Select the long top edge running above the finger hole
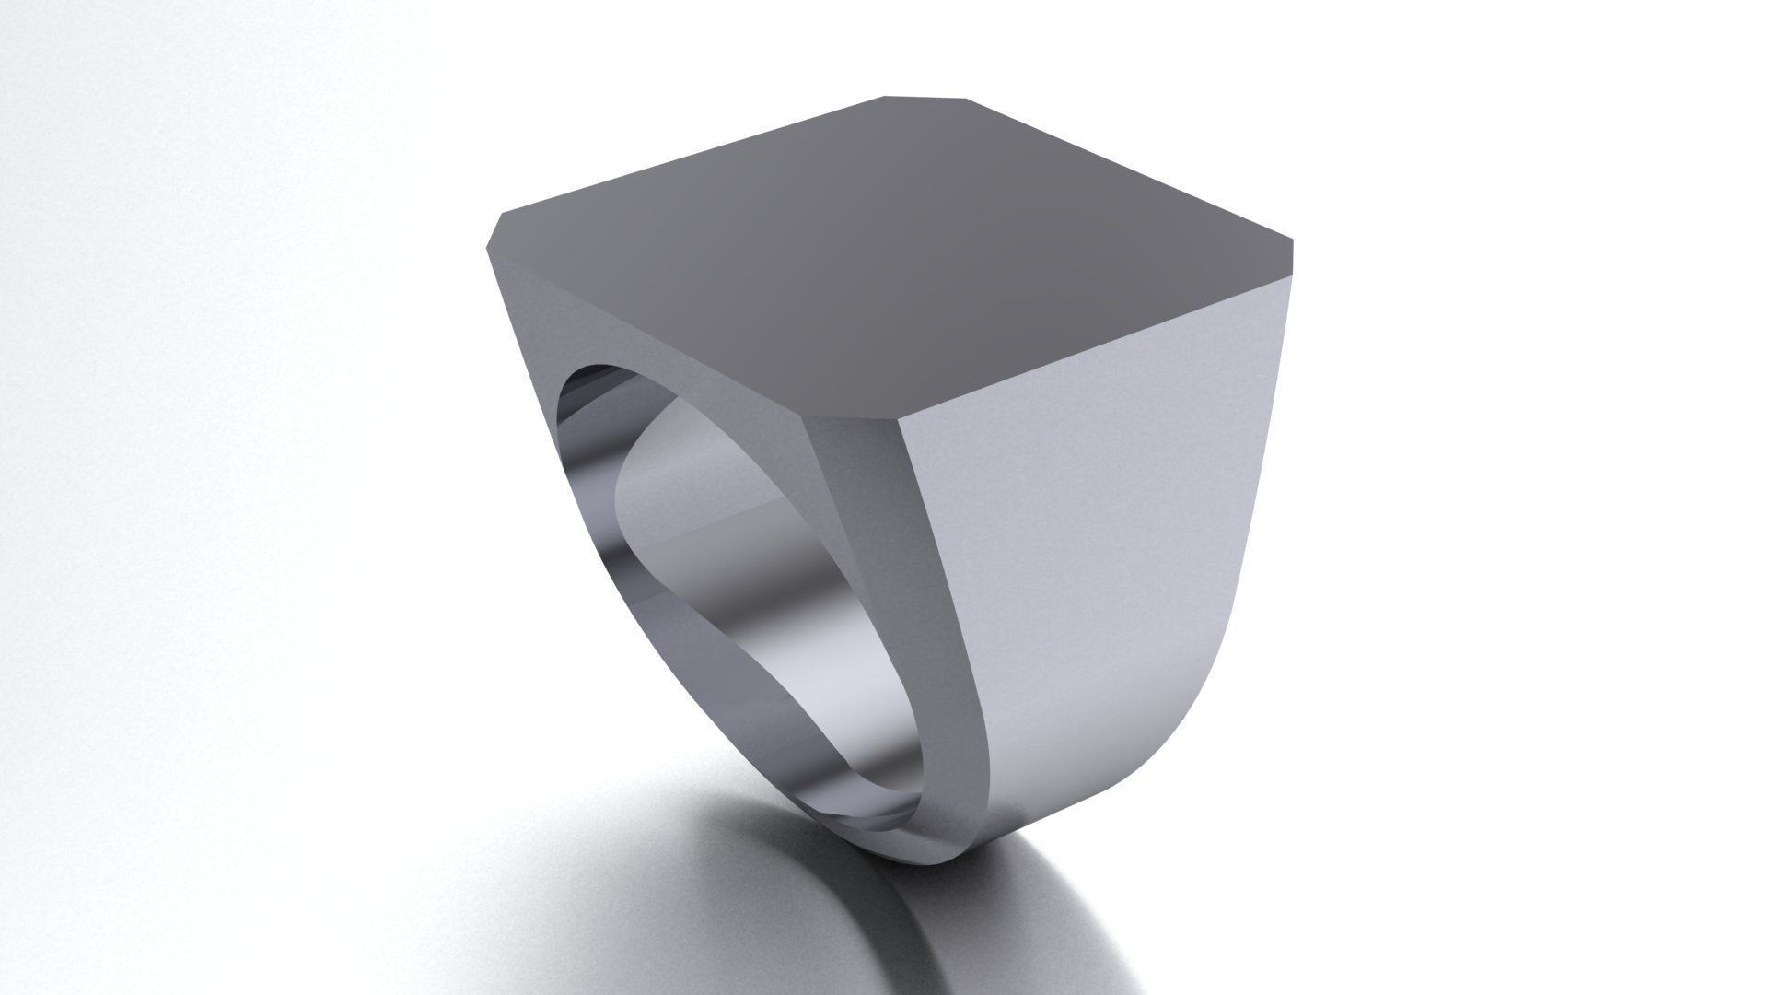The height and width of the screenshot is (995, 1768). pos(645,332)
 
